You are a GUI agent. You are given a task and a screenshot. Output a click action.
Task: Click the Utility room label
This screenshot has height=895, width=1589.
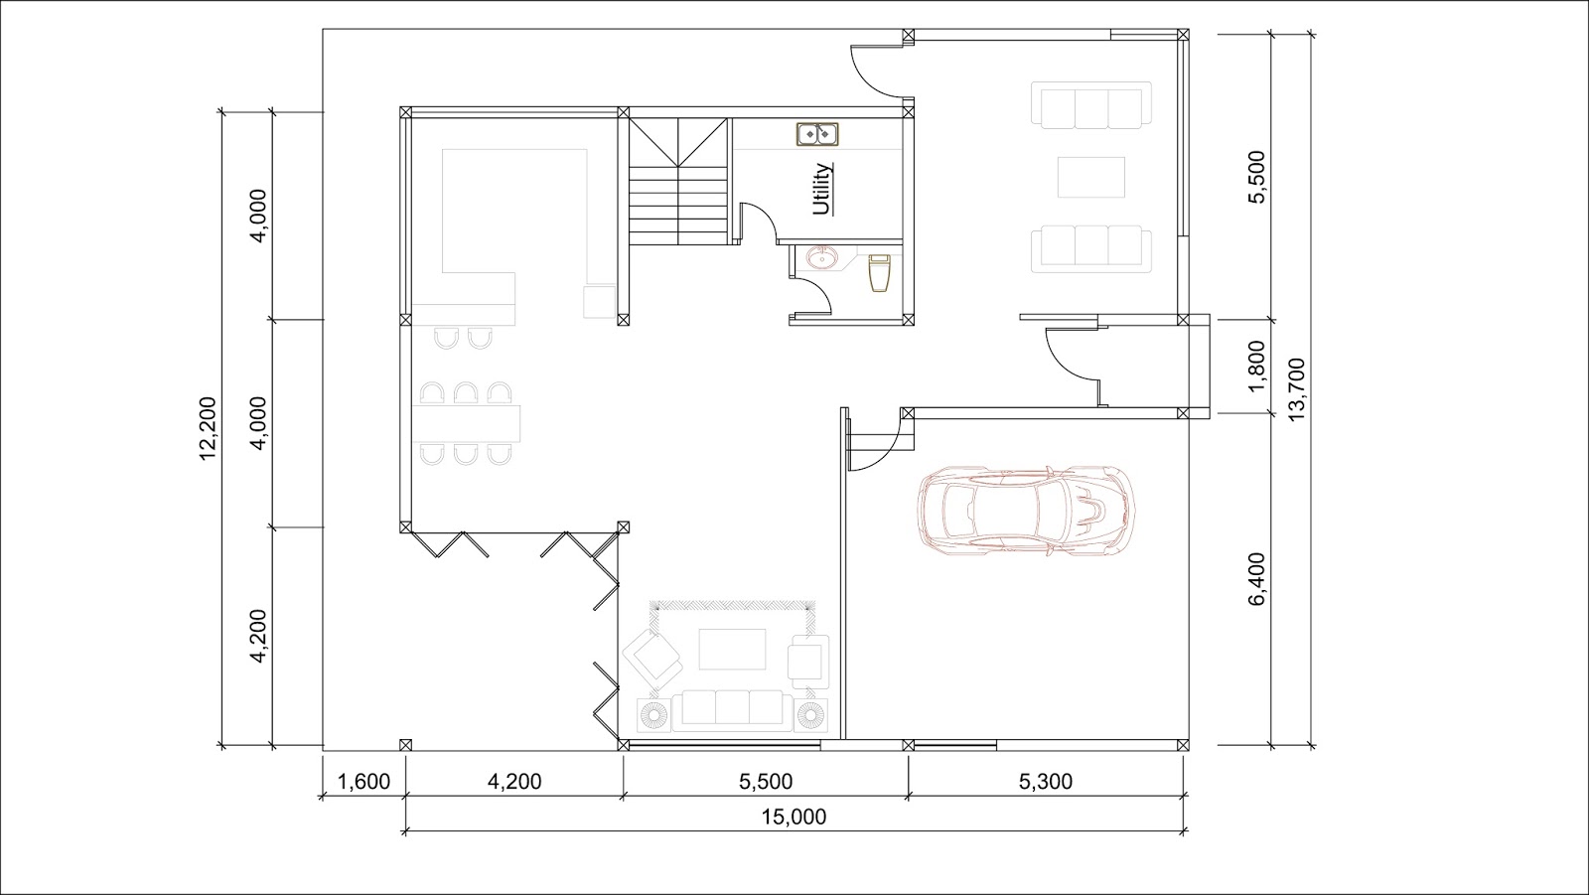[x=822, y=189]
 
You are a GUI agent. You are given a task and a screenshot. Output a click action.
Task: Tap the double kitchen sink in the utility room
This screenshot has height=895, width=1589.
[x=817, y=134]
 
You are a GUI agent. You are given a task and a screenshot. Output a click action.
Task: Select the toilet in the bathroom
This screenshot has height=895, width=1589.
[x=880, y=273]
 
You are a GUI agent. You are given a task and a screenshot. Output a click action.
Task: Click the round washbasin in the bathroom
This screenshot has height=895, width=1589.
[x=823, y=257]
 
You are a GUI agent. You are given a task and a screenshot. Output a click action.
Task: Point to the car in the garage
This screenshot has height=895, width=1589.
[x=1025, y=510]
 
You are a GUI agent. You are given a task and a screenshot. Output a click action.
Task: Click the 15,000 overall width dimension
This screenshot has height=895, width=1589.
[x=794, y=817]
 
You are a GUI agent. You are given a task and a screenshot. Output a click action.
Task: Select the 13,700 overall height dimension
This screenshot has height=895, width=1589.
[x=1296, y=389]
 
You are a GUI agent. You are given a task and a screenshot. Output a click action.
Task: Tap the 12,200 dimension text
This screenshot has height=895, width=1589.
[x=208, y=428]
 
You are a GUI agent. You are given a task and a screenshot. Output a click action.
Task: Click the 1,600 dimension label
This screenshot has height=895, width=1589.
[x=363, y=782]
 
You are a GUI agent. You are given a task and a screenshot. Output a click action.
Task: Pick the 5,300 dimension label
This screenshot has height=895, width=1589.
[x=1046, y=782]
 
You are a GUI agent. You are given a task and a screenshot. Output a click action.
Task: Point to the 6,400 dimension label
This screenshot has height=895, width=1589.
[x=1256, y=579]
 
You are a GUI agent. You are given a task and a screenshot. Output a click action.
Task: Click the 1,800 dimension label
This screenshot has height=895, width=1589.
[x=1256, y=367]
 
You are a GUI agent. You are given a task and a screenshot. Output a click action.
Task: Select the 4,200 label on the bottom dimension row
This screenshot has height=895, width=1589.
[x=514, y=782]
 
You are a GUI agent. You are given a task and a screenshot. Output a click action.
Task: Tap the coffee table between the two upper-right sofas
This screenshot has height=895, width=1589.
[x=1091, y=177]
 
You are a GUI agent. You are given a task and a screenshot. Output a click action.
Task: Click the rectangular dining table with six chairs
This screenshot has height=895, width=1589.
[x=466, y=423]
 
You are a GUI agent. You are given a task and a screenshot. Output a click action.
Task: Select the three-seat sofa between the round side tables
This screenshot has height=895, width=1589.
[x=732, y=710]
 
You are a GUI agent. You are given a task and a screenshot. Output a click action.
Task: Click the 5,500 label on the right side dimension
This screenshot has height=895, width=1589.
[x=1256, y=177]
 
